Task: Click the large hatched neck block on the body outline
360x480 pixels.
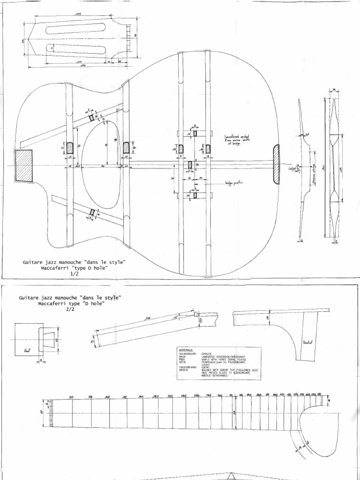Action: click(24, 166)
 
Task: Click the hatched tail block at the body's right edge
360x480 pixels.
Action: click(276, 164)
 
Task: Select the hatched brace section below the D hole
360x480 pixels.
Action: click(92, 213)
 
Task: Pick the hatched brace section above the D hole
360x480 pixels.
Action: click(92, 118)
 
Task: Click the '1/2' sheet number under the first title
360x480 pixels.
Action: click(74, 275)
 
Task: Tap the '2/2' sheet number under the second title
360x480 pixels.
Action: click(70, 310)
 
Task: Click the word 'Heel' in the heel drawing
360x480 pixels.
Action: click(26, 350)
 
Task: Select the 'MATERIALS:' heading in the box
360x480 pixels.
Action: click(188, 350)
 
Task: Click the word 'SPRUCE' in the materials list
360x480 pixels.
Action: click(207, 353)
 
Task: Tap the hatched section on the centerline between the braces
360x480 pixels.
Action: click(190, 165)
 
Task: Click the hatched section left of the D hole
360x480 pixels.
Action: click(70, 148)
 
